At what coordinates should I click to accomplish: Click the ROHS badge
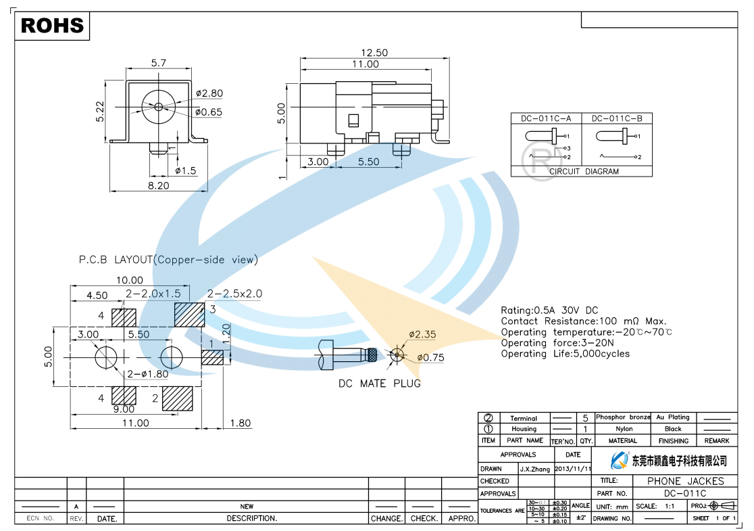pyautogui.click(x=52, y=26)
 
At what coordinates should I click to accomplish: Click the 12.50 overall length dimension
pyautogui.click(x=374, y=53)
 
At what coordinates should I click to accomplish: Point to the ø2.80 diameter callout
pyautogui.click(x=209, y=93)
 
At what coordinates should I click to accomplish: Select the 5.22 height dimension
pyautogui.click(x=99, y=111)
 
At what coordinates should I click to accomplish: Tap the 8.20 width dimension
pyautogui.click(x=159, y=185)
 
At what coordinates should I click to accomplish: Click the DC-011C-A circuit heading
pyautogui.click(x=545, y=118)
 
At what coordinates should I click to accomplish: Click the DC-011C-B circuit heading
pyautogui.click(x=617, y=118)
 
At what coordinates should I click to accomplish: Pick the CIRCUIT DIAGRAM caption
pyautogui.click(x=584, y=171)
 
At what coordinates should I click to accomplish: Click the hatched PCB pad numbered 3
pyautogui.click(x=188, y=314)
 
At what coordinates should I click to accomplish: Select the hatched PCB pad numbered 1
pyautogui.click(x=213, y=356)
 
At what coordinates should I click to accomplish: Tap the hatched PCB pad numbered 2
pyautogui.click(x=178, y=398)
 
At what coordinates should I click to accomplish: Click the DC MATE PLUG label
pyautogui.click(x=379, y=384)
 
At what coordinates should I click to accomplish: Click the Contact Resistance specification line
pyautogui.click(x=583, y=321)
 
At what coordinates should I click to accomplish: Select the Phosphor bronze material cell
pyautogui.click(x=622, y=418)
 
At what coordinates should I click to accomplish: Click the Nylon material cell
pyautogui.click(x=624, y=429)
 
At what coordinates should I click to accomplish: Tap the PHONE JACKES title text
pyautogui.click(x=685, y=481)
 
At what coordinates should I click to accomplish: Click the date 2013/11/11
pyautogui.click(x=572, y=468)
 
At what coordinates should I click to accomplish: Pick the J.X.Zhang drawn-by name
pyautogui.click(x=535, y=468)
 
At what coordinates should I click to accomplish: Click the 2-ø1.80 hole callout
pyautogui.click(x=148, y=374)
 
